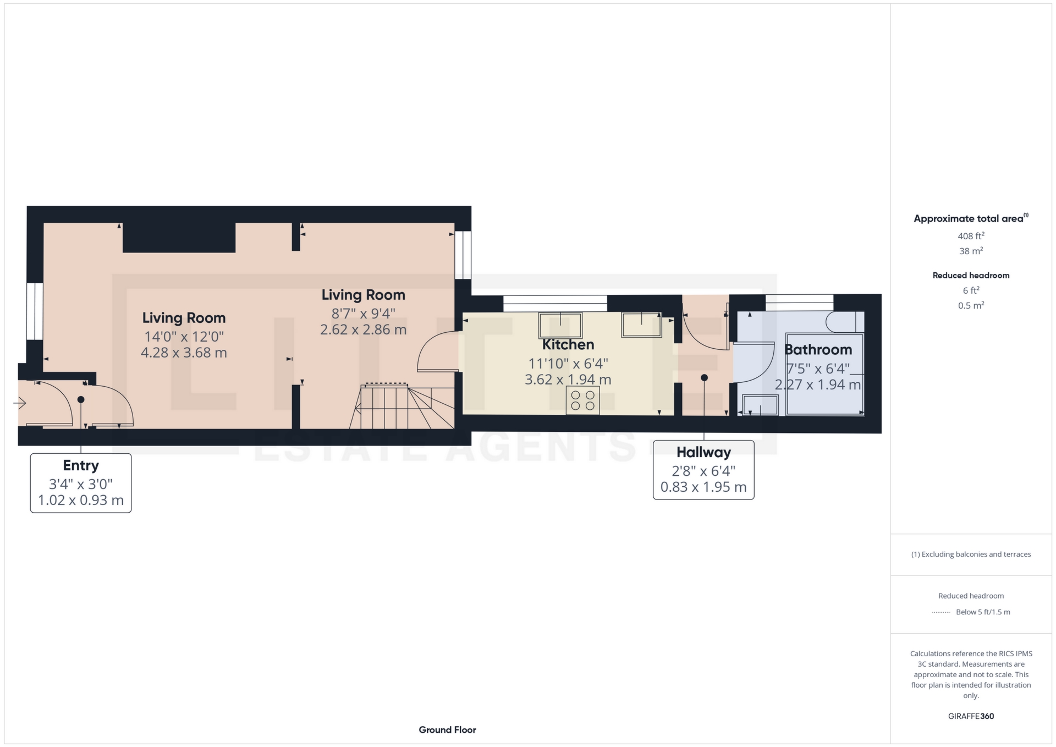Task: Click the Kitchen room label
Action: (568, 345)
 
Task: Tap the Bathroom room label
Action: (818, 350)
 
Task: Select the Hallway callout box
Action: (703, 470)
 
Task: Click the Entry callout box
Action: (81, 483)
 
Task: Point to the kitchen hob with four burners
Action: (582, 400)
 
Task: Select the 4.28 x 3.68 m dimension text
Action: (184, 353)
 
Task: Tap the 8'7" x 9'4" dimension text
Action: (363, 314)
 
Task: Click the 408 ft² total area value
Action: (971, 236)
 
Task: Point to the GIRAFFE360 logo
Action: (971, 716)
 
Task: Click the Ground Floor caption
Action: (447, 730)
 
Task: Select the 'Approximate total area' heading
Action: (971, 218)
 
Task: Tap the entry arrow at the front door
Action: (19, 403)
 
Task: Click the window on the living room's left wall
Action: (35, 311)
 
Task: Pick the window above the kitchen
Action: (555, 304)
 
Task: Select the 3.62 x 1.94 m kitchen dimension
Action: (568, 380)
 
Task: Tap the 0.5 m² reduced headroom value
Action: (971, 305)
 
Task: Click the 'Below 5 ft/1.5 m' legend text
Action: (983, 612)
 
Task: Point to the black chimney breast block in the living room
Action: (179, 238)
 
